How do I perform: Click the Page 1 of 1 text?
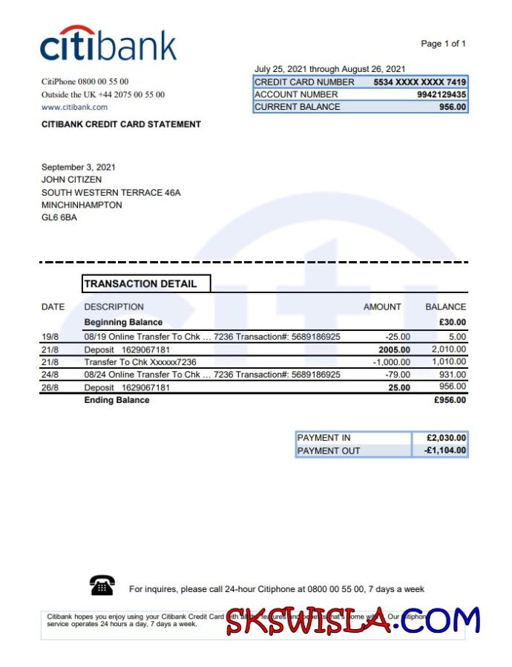pyautogui.click(x=443, y=44)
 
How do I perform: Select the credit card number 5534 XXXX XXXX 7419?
pyautogui.click(x=420, y=82)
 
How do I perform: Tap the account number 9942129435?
pyautogui.click(x=442, y=94)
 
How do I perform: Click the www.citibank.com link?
pyautogui.click(x=74, y=108)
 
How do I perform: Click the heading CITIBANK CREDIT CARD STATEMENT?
pyautogui.click(x=121, y=124)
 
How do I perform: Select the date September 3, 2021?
pyautogui.click(x=79, y=167)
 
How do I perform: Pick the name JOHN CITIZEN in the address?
pyautogui.click(x=72, y=180)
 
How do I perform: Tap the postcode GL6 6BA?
pyautogui.click(x=59, y=217)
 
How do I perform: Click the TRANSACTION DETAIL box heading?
pyautogui.click(x=141, y=283)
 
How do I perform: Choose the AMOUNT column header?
pyautogui.click(x=382, y=306)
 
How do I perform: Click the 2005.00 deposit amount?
pyautogui.click(x=393, y=349)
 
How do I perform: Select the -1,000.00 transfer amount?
pyautogui.click(x=391, y=362)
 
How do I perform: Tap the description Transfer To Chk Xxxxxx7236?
pyautogui.click(x=140, y=362)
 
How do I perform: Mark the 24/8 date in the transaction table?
pyautogui.click(x=50, y=375)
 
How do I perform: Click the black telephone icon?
pyautogui.click(x=102, y=586)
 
